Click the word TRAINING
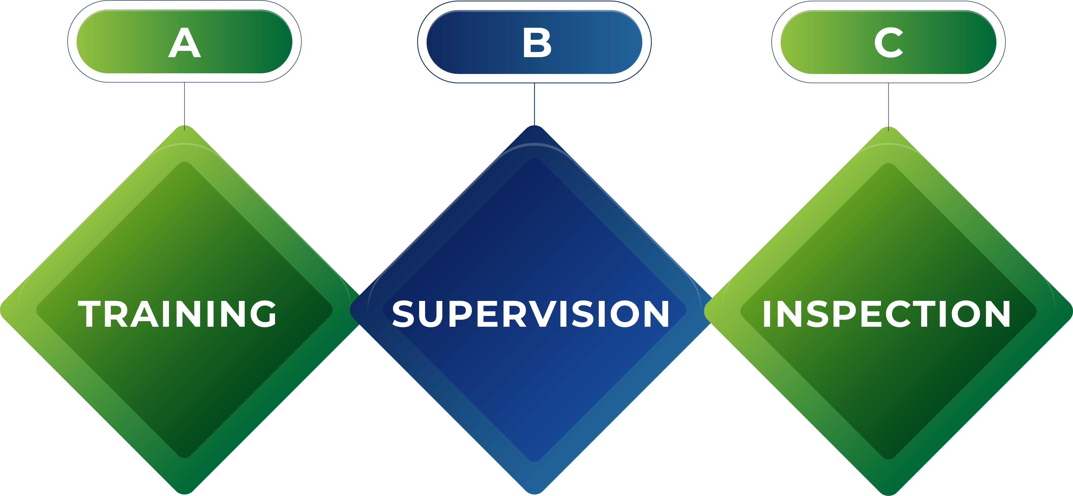point(177,313)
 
